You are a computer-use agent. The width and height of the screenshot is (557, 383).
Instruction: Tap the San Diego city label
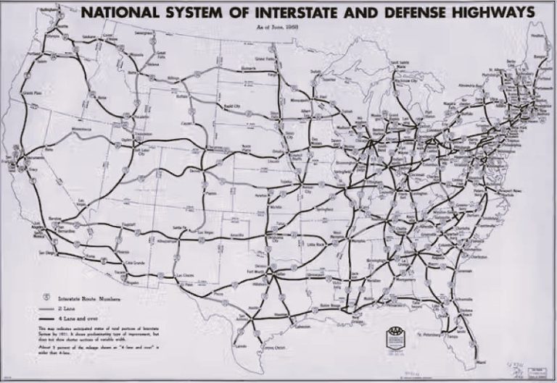(x=48, y=253)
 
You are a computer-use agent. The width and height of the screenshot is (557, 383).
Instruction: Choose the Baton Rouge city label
(x=335, y=309)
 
